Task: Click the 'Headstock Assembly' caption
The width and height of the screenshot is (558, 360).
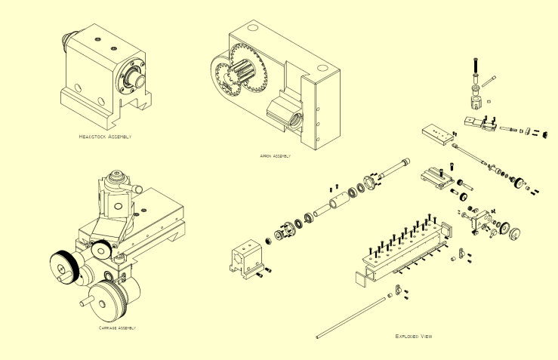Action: point(105,137)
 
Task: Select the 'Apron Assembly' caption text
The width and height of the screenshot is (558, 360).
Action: point(275,156)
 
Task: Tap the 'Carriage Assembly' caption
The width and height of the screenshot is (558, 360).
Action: point(117,328)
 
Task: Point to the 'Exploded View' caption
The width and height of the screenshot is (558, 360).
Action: point(414,336)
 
